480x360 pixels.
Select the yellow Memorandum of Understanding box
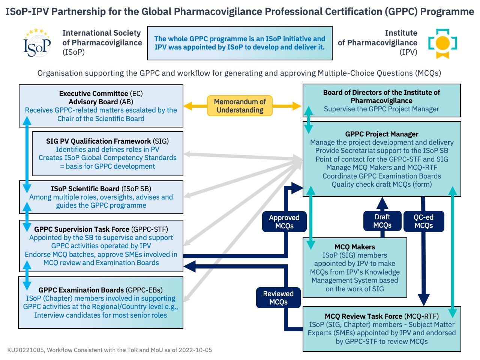point(240,106)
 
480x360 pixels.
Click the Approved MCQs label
point(284,222)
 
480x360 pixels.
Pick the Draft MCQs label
point(382,221)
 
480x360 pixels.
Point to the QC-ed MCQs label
point(423,221)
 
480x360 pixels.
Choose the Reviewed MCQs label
point(278,298)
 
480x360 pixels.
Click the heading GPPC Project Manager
point(381,134)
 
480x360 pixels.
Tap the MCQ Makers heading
point(354,247)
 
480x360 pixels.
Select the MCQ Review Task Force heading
point(381,316)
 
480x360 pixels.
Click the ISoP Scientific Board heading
point(101,189)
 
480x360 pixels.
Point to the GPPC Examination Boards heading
point(100,290)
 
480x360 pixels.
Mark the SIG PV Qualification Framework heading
point(107,141)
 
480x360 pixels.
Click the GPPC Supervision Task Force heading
point(101,229)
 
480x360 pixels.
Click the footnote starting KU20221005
point(109,350)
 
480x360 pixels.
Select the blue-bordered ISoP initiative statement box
point(240,43)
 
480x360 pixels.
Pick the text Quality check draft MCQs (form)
point(381,184)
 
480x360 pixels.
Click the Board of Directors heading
point(381,96)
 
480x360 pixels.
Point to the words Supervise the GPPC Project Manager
point(381,109)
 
